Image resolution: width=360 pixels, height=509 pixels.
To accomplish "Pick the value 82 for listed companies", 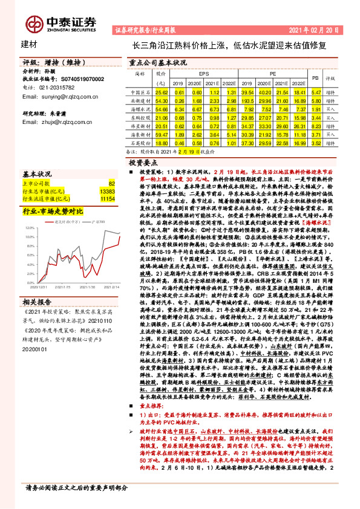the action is click(x=111, y=182).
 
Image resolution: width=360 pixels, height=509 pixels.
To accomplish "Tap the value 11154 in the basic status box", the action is click(x=107, y=198).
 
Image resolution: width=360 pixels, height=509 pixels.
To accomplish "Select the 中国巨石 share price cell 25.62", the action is click(x=162, y=91).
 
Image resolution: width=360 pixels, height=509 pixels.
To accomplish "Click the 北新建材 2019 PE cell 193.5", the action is click(x=247, y=100).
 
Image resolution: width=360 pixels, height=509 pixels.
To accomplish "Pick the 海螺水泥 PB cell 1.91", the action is click(x=315, y=109).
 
